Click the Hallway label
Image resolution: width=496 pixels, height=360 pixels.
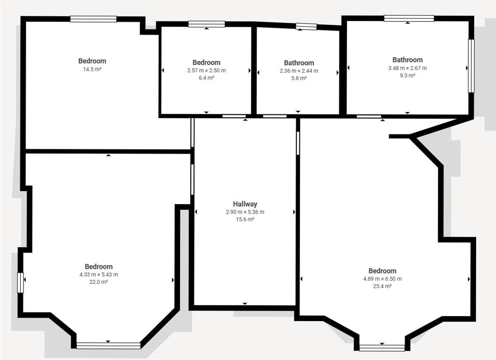click(x=245, y=204)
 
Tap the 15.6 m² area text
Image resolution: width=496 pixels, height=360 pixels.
click(x=245, y=219)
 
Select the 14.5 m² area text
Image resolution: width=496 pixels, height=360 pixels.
click(x=92, y=69)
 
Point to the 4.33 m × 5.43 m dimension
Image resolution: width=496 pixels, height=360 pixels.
click(x=99, y=274)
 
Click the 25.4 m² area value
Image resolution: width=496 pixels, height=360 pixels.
click(x=382, y=286)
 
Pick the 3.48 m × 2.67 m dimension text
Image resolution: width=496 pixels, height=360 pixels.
click(x=408, y=68)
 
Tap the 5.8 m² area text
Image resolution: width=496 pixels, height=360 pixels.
click(x=299, y=78)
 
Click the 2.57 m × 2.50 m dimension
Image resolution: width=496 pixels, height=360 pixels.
click(x=206, y=70)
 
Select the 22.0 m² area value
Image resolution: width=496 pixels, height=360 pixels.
click(x=99, y=282)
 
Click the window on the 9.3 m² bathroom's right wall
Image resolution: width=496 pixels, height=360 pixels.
click(x=471, y=66)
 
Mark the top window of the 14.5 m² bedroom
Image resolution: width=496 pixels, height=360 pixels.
click(x=93, y=19)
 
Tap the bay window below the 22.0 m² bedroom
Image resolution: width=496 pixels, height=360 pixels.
click(x=108, y=346)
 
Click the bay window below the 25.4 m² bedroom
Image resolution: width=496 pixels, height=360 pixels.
click(x=382, y=348)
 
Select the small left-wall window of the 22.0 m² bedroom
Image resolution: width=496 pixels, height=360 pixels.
click(x=20, y=283)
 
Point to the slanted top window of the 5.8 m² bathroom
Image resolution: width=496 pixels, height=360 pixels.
click(x=306, y=26)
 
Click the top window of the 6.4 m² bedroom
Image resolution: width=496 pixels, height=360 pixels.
click(x=207, y=24)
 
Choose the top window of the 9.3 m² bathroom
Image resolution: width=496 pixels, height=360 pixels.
click(x=409, y=18)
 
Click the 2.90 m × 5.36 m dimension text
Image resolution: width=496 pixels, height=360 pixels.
click(x=245, y=212)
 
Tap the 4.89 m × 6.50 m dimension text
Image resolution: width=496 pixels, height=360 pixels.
click(x=382, y=279)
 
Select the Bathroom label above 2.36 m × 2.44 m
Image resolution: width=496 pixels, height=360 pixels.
click(x=299, y=63)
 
